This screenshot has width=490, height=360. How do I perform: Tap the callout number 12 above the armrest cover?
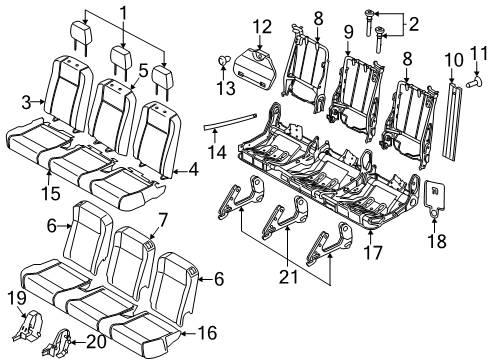261,25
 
